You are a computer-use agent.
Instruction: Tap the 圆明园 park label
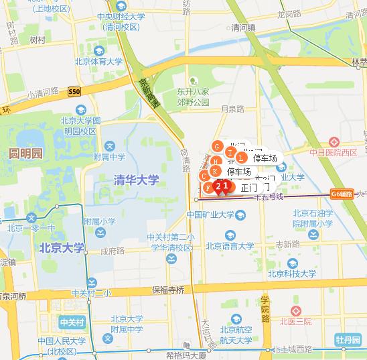point(25,154)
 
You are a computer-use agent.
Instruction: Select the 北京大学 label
point(62,248)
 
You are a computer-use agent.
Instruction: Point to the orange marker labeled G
point(216,147)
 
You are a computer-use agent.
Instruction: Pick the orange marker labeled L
point(240,158)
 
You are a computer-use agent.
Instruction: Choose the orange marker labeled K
point(215,171)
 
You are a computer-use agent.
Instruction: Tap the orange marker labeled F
point(208,188)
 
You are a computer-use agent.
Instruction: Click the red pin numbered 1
point(226,186)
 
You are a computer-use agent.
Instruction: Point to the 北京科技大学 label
point(291,273)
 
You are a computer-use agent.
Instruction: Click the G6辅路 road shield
point(341,194)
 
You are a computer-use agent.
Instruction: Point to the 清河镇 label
point(244,29)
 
